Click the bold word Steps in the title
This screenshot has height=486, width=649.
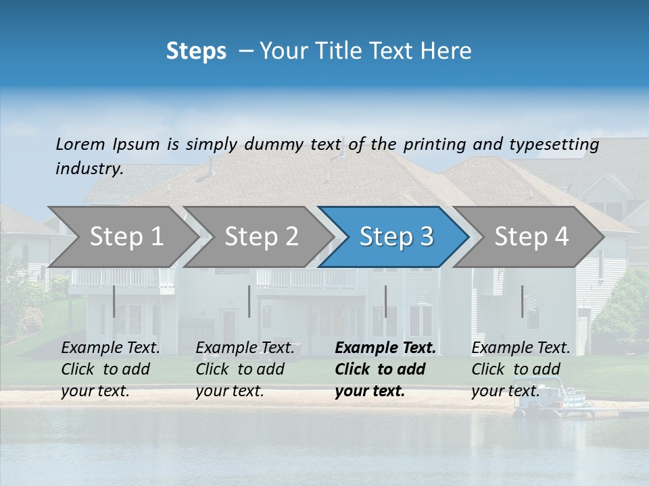[196, 51]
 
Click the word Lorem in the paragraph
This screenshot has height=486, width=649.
[80, 144]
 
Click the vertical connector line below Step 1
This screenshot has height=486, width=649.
[114, 301]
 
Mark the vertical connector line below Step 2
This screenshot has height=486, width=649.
[249, 301]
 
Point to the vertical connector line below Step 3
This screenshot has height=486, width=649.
[385, 301]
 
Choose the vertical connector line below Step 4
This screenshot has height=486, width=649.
[522, 301]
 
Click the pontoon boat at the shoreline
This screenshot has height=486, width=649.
[554, 403]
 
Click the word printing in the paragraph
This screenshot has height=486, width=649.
[435, 144]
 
